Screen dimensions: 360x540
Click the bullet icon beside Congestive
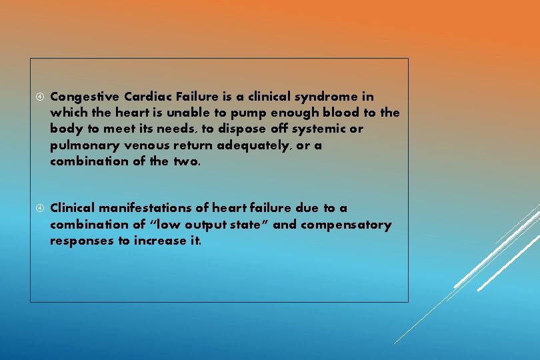tap(39, 97)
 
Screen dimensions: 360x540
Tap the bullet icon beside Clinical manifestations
tap(39, 209)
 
